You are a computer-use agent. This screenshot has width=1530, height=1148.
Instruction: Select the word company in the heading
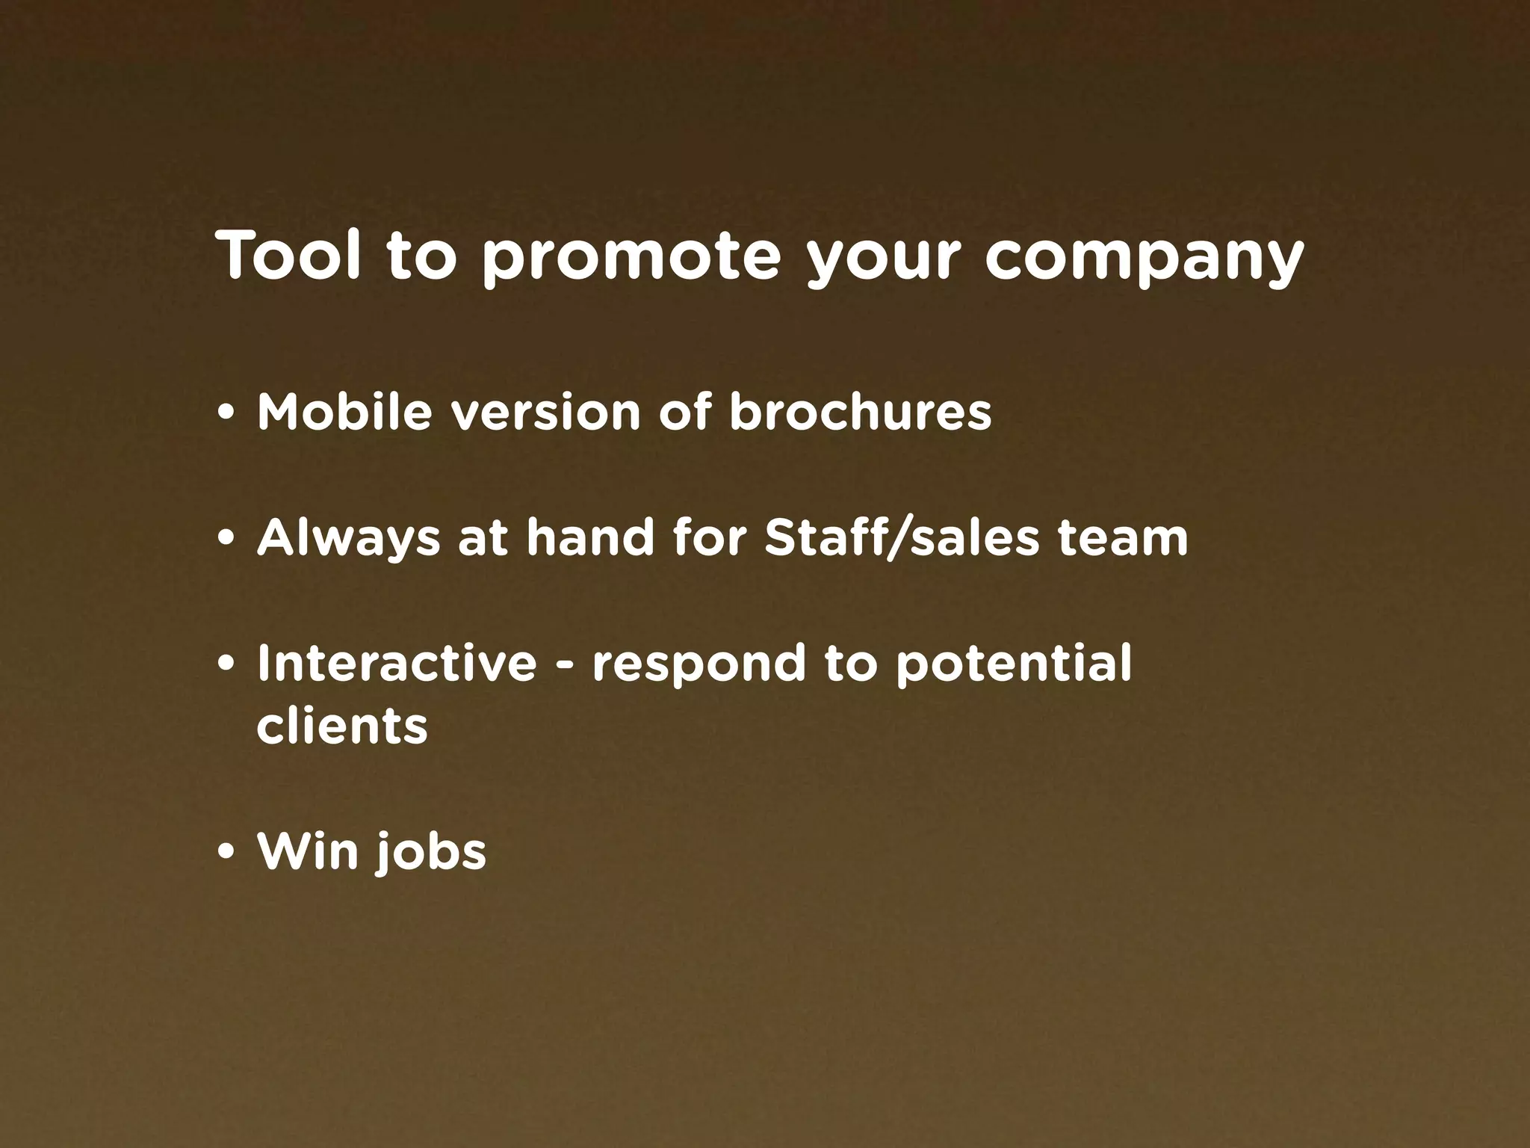[x=1144, y=259]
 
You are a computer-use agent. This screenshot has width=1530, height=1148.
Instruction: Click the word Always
[x=349, y=538]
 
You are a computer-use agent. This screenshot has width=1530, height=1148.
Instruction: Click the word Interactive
[x=397, y=663]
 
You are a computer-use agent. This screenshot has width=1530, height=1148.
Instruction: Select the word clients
[x=342, y=726]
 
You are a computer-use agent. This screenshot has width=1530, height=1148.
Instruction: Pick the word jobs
[x=431, y=853]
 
